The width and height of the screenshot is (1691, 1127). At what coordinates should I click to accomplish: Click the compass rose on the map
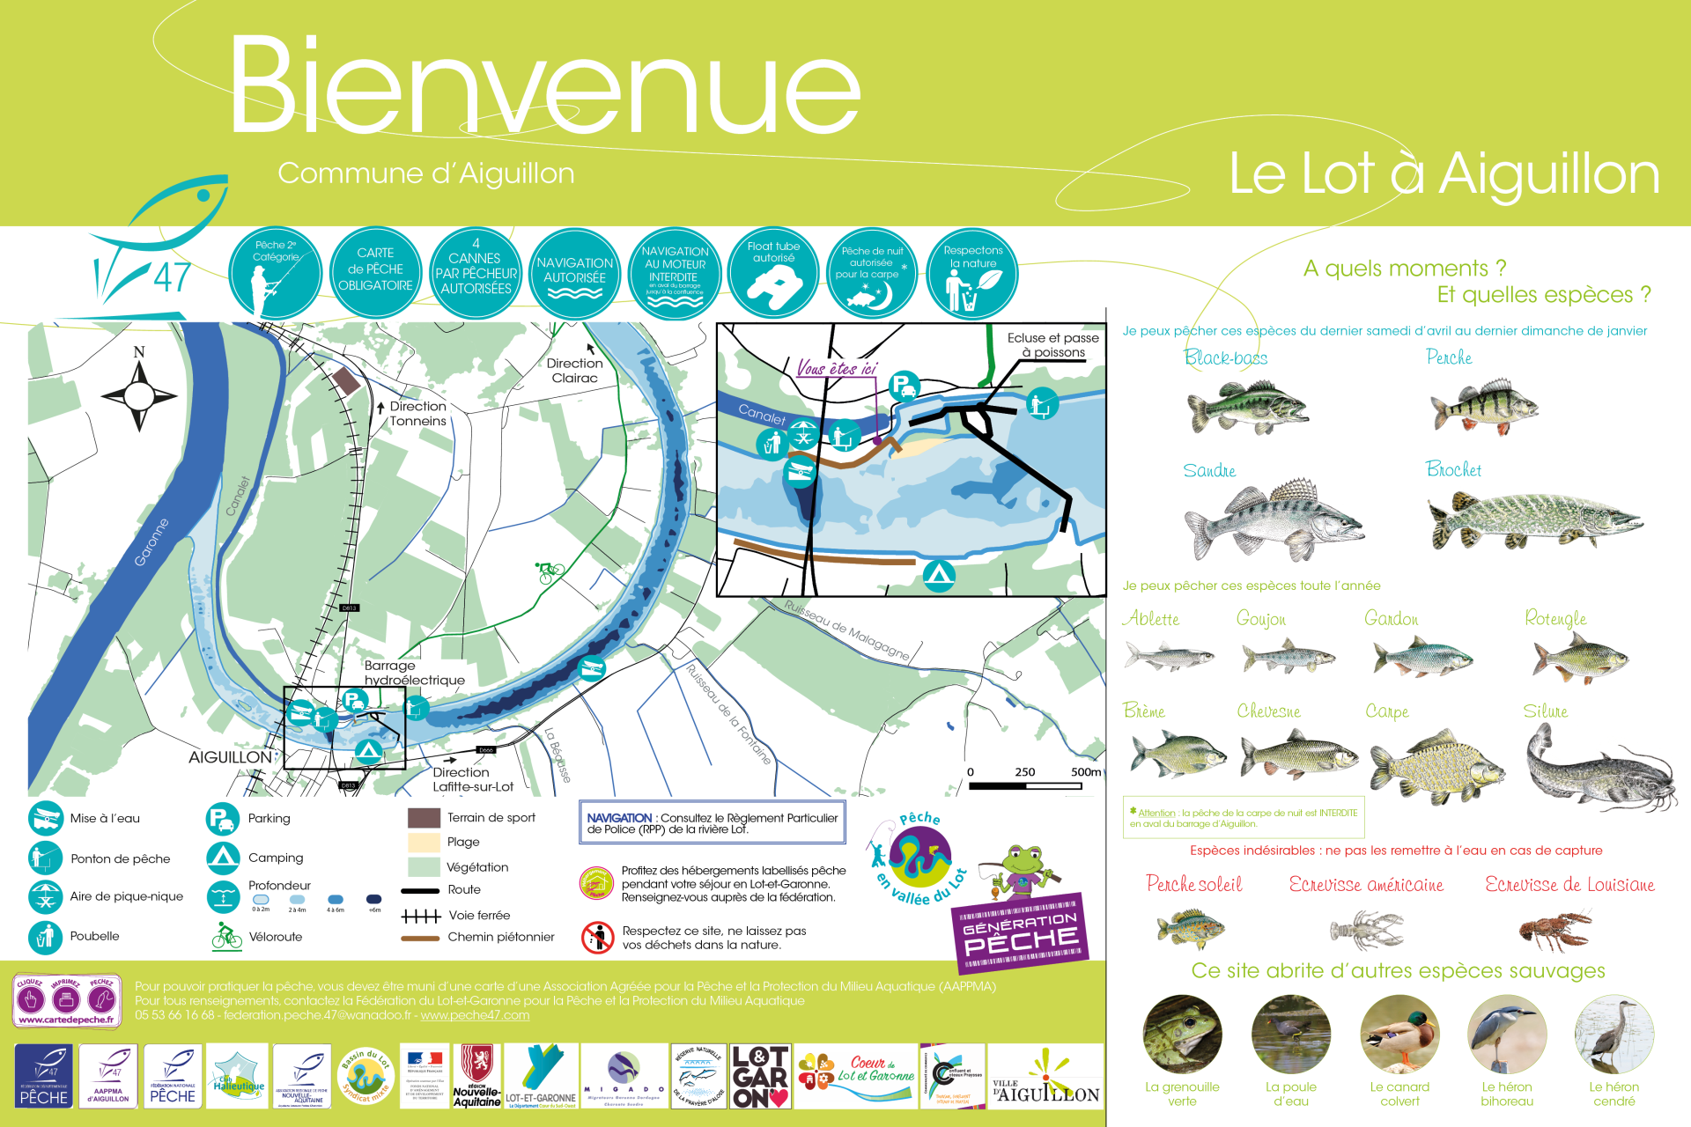point(139,394)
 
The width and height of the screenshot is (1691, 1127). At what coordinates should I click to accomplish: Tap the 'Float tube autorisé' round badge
point(774,273)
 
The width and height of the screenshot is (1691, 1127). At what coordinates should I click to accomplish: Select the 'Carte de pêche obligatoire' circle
point(376,273)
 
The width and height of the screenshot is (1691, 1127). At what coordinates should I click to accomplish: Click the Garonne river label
point(151,542)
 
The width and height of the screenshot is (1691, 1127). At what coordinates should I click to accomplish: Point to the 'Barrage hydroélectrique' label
point(414,673)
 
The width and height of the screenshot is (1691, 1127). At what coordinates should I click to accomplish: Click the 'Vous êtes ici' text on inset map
point(837,369)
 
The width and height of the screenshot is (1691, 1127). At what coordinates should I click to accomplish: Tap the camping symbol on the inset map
point(939,576)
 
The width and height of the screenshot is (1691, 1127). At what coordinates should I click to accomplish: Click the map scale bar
point(1026,784)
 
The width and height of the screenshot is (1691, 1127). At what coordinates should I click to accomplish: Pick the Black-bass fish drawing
point(1246,407)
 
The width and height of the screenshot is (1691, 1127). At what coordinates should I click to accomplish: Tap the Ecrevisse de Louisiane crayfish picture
point(1554,930)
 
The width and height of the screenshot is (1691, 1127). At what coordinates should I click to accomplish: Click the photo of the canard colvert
point(1399,1035)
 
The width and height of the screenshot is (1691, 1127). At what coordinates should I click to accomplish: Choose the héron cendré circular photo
point(1613,1035)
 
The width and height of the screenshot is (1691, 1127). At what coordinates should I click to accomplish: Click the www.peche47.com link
point(475,1015)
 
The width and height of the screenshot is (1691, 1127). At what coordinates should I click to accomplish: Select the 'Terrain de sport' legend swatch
point(424,818)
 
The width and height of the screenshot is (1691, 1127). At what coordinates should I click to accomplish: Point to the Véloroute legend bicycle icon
point(226,936)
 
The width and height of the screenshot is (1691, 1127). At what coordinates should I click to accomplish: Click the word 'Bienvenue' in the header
point(544,86)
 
